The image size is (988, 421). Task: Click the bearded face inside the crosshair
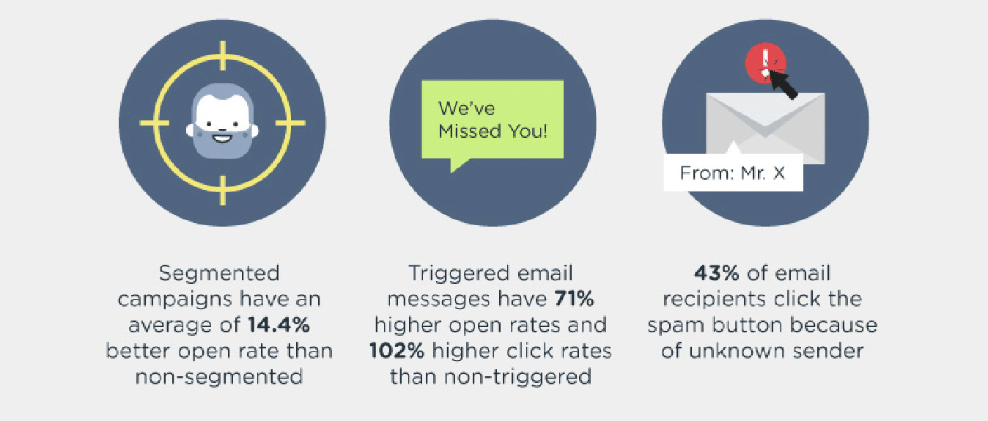[222, 121]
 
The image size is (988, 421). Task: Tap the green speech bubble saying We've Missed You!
[492, 120]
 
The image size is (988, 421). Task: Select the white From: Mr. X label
[733, 174]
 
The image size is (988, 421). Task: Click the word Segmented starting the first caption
[220, 274]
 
